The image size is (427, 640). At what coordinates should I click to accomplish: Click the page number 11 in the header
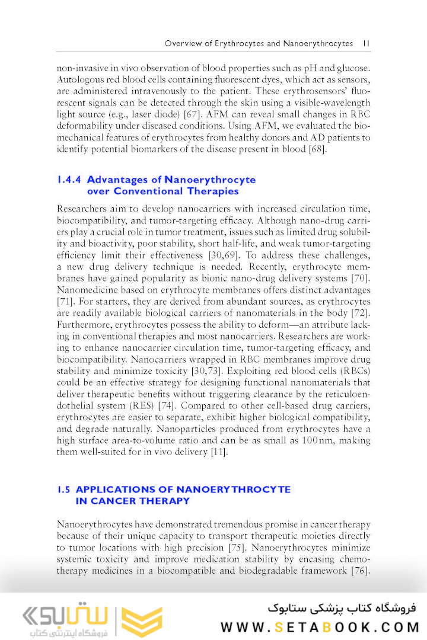[x=366, y=43]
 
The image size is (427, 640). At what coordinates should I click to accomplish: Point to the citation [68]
[x=315, y=148]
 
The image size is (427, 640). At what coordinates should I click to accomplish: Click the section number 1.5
[x=64, y=489]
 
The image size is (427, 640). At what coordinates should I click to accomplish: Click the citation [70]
[x=360, y=279]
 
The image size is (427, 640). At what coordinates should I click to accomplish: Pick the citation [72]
[x=360, y=313]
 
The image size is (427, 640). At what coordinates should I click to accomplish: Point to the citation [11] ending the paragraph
[x=219, y=452]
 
